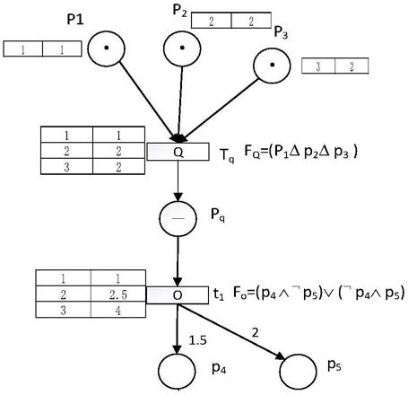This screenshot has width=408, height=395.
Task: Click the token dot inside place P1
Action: point(106,48)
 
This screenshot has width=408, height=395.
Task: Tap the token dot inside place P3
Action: point(272,65)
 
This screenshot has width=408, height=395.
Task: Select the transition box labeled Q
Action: point(178,152)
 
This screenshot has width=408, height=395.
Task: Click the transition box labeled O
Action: point(178,295)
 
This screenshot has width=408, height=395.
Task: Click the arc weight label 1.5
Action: point(197,340)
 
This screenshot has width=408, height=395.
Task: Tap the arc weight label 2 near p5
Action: point(255,332)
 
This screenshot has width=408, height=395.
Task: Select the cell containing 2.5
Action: point(118,294)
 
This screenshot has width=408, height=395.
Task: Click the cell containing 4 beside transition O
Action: point(118,310)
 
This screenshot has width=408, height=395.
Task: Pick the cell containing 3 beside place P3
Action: point(318,66)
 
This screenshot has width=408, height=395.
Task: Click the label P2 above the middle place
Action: point(179,11)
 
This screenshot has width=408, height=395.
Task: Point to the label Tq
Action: point(227,155)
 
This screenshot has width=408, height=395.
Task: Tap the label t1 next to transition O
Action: point(219,294)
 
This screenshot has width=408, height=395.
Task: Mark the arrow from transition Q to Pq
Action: point(178,180)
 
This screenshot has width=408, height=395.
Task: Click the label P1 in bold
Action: point(75,20)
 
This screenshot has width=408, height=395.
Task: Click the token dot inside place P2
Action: point(182,48)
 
